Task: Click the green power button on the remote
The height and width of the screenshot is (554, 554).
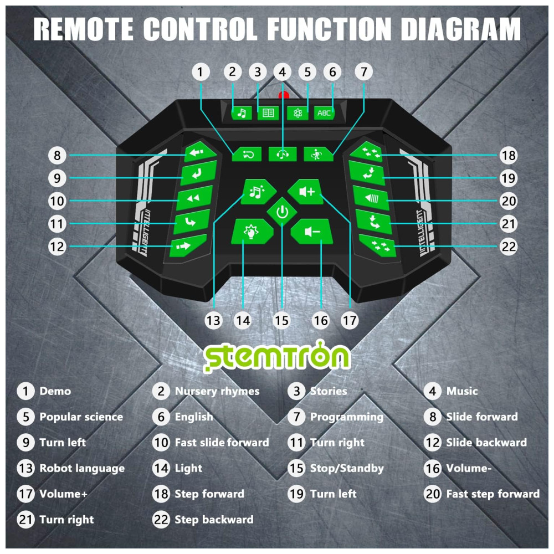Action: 282,213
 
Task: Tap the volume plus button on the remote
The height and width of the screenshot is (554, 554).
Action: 306,192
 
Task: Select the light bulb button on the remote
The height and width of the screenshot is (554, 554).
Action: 252,231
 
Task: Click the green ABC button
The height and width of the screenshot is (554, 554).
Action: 324,113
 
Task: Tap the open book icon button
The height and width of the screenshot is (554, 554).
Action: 268,113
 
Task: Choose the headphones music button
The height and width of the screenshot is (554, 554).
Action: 283,154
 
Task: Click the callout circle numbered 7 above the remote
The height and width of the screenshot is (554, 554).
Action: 363,71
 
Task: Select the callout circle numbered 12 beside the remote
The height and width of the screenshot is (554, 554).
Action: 57,246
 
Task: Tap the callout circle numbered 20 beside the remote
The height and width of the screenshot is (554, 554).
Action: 509,201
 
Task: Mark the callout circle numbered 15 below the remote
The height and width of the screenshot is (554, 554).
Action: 282,320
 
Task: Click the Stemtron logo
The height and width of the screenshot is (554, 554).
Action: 276,357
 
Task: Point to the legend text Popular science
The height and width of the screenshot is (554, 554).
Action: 81,417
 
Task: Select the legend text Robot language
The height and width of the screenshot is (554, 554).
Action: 82,468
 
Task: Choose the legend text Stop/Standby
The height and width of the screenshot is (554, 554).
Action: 347,468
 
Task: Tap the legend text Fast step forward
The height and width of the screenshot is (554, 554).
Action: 493,494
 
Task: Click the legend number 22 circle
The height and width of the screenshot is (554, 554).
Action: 161,520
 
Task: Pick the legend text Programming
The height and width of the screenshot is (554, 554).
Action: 347,417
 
